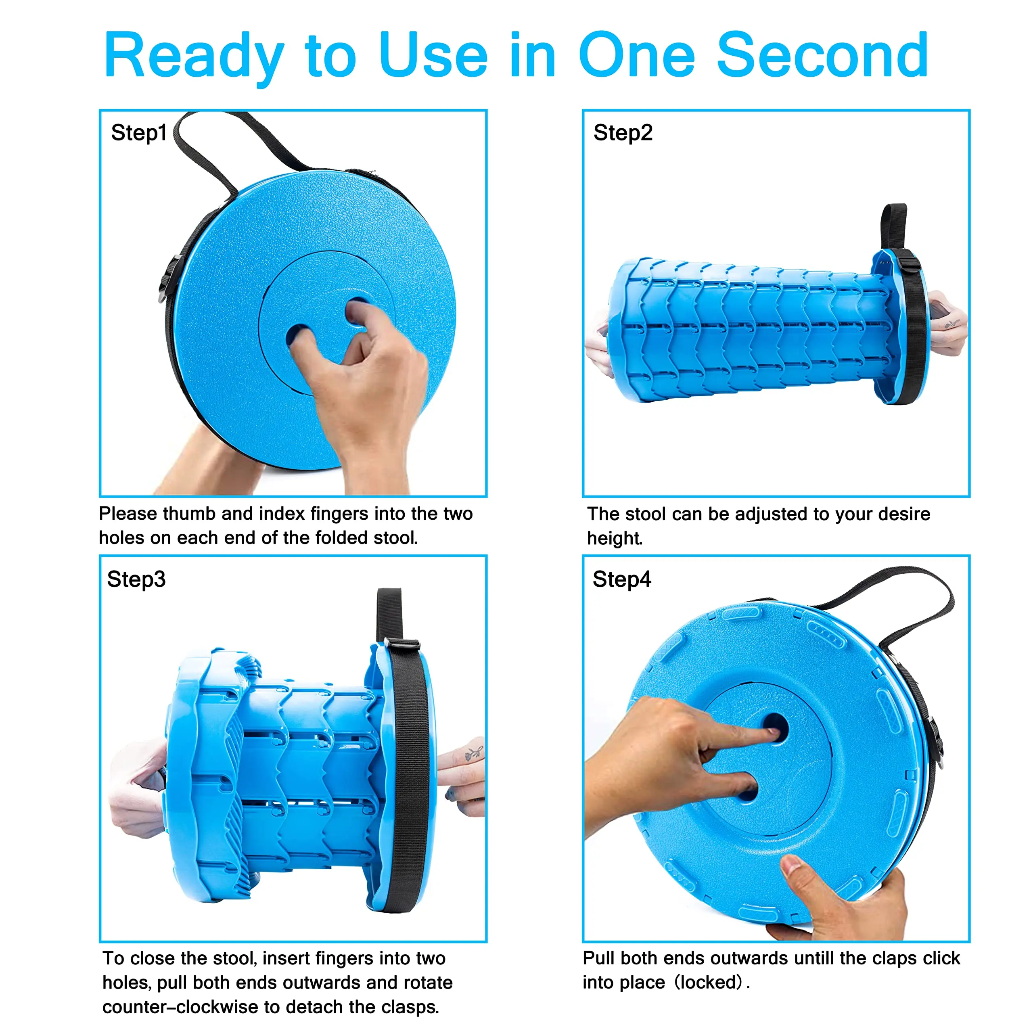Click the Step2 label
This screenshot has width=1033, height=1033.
click(623, 133)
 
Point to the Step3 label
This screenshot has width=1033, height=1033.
click(136, 579)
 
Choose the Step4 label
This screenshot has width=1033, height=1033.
click(622, 579)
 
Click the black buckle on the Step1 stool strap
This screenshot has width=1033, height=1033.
click(169, 279)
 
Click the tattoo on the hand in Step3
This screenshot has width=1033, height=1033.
click(473, 752)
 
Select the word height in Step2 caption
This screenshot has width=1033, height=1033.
click(614, 538)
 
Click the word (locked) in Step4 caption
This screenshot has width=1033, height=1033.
click(709, 982)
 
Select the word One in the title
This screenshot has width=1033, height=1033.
click(637, 55)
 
